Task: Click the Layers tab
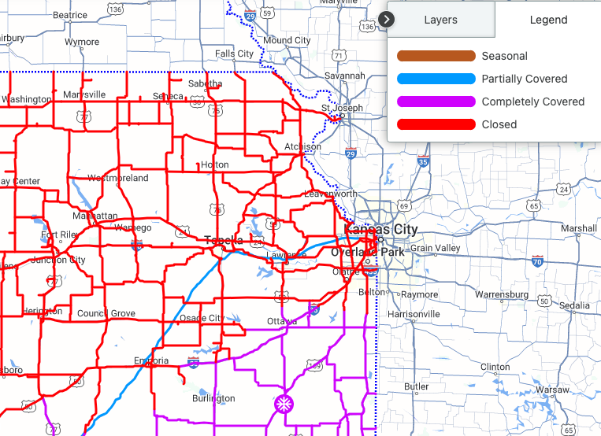(x=440, y=20)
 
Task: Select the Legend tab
(x=548, y=20)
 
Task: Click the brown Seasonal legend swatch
(x=436, y=56)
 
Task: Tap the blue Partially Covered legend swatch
(x=436, y=79)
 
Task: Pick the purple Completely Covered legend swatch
(x=436, y=102)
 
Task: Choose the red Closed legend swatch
(x=436, y=124)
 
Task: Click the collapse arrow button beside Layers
(x=387, y=19)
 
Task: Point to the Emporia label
(x=151, y=361)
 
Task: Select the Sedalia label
(x=575, y=305)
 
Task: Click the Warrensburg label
(x=502, y=294)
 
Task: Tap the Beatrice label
(x=70, y=15)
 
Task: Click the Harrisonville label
(x=414, y=313)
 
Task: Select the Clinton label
(x=495, y=367)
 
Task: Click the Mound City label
(x=287, y=40)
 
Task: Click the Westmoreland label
(x=118, y=178)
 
